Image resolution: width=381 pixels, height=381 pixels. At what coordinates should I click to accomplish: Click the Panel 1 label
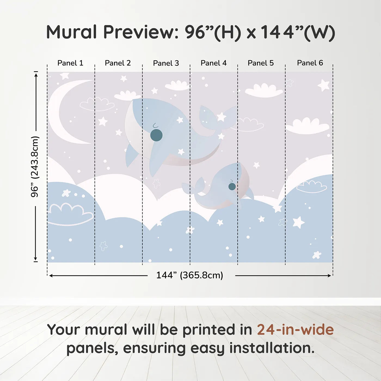coord(70,63)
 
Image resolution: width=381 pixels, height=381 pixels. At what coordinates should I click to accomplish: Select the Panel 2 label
coord(118,63)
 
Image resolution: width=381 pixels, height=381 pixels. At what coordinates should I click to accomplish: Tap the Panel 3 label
coord(166,63)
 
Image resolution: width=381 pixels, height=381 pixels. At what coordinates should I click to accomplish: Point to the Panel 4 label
coord(214,63)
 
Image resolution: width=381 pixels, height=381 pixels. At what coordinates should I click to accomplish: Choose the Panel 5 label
coord(261,63)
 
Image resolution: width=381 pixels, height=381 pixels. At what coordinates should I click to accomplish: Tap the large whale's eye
coord(156,135)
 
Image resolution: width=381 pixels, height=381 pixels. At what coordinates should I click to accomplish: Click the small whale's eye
coord(232,186)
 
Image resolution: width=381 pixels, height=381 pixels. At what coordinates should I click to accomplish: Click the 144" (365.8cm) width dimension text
coord(189,275)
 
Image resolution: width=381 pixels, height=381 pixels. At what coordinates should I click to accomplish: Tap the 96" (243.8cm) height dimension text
coord(35,167)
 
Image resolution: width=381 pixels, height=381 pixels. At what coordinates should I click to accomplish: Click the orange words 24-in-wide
coord(295,330)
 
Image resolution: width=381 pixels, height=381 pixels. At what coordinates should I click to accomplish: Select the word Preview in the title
coord(141,32)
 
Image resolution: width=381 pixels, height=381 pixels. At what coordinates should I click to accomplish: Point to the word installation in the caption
coord(272,348)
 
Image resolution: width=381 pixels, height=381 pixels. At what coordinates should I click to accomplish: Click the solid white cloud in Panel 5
coord(264,91)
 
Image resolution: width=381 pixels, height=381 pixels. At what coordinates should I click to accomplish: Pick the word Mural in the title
coord(72,32)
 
